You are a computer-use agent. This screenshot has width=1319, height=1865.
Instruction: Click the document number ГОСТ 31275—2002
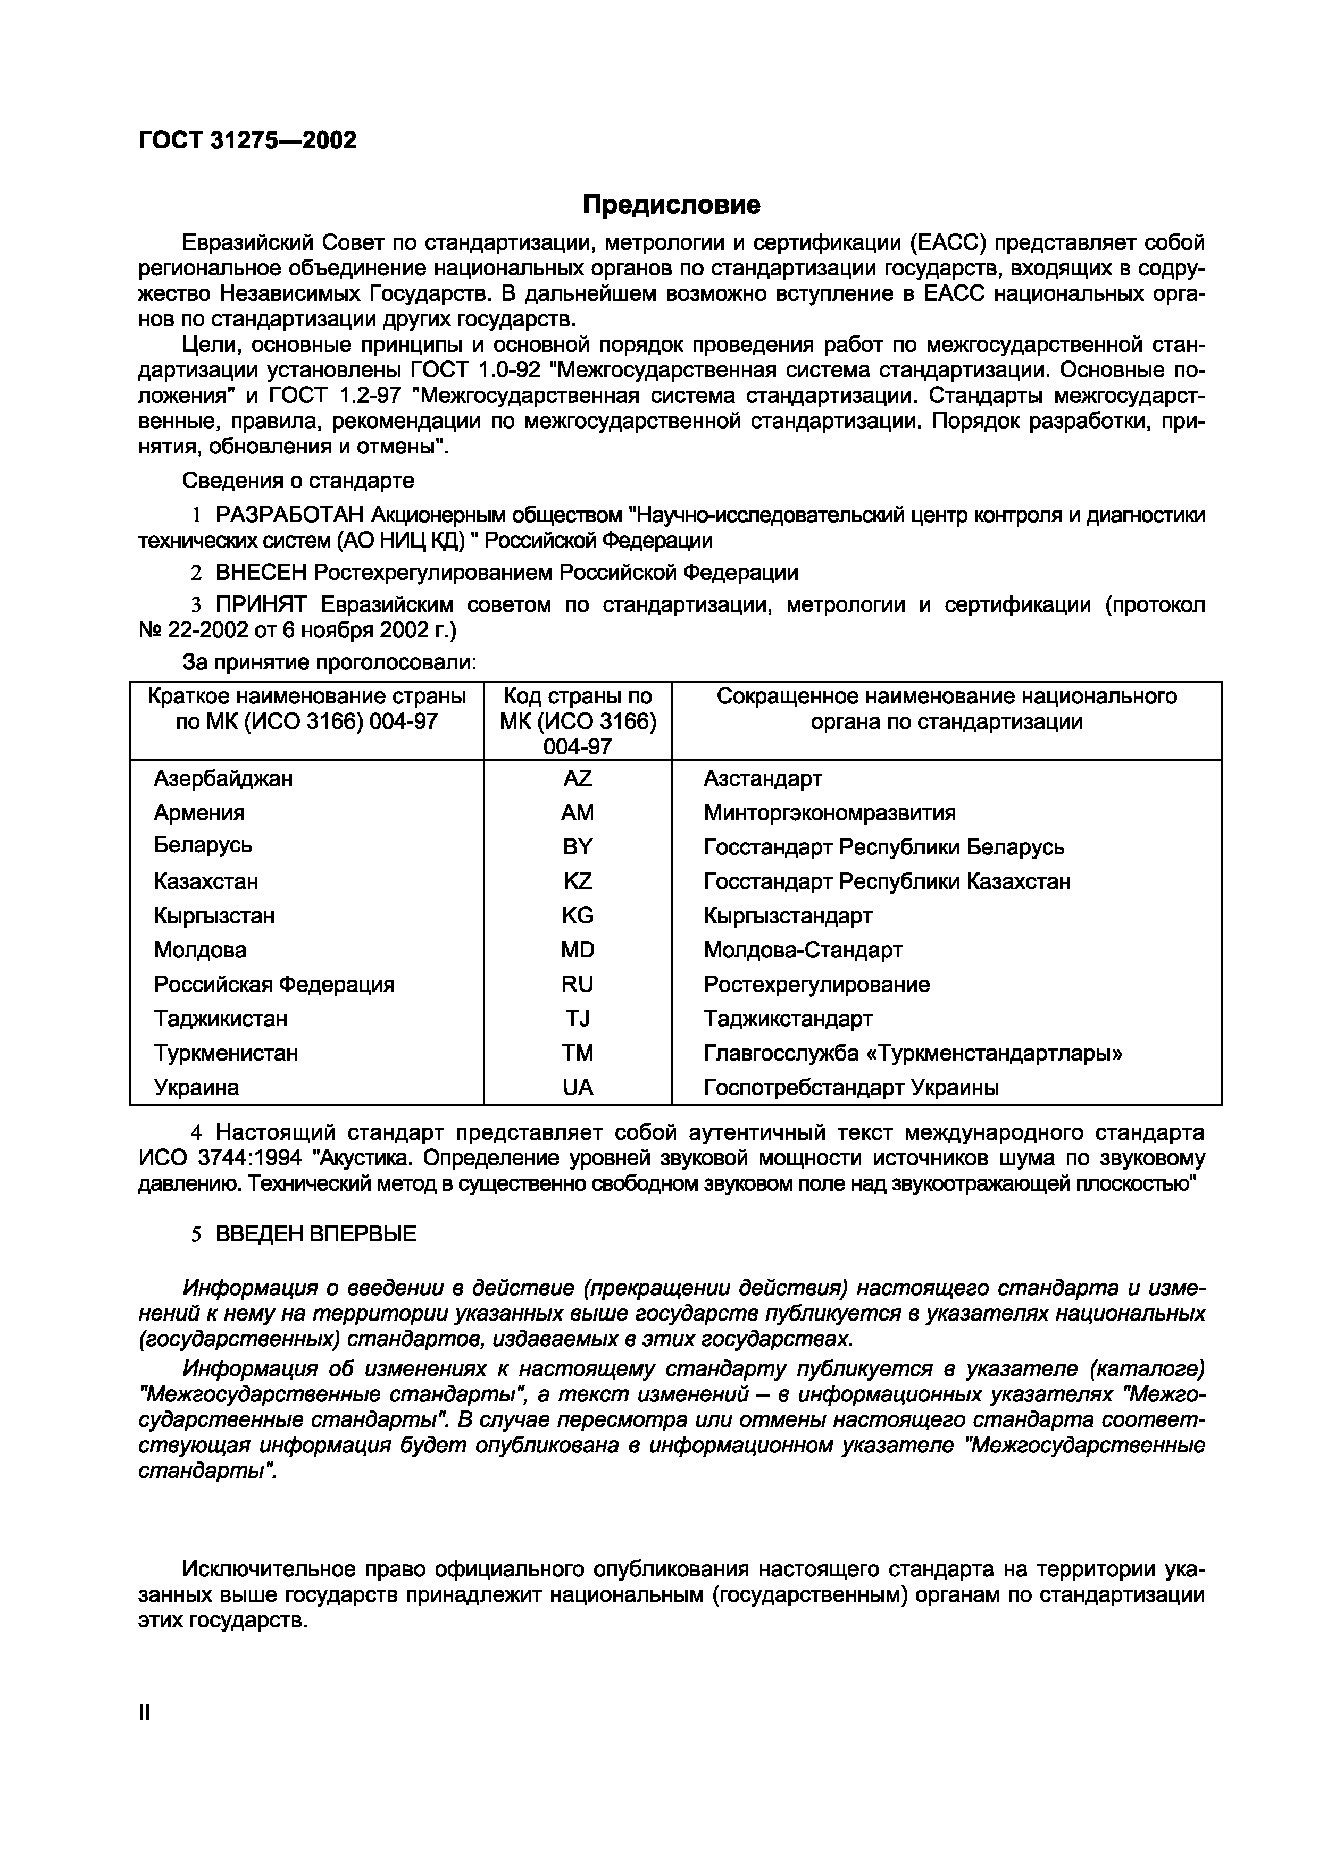[x=247, y=140]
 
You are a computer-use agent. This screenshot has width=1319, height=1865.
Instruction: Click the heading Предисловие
[x=671, y=205]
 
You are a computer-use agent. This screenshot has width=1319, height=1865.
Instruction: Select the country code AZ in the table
[x=577, y=778]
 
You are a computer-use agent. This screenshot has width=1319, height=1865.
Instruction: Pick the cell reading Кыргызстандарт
[x=788, y=915]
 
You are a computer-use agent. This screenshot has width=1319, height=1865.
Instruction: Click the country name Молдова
[x=200, y=950]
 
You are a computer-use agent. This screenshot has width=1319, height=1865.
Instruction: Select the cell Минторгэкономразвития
[x=829, y=812]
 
